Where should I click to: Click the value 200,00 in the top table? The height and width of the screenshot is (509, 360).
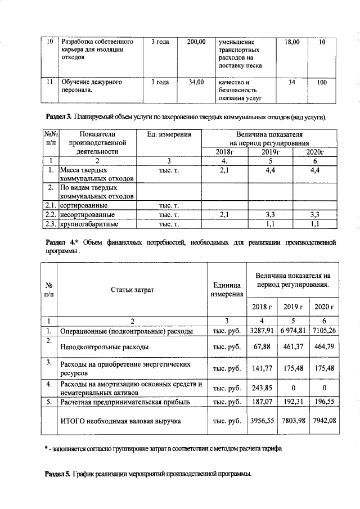pos(196,42)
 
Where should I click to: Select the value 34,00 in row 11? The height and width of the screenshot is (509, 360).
pos(196,82)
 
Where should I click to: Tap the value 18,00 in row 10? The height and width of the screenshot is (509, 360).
pos(292,42)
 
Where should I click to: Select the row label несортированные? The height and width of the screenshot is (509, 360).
pos(87,215)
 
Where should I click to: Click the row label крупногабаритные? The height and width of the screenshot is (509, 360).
pos(89,224)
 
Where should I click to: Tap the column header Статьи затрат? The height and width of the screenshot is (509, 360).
pos(132,289)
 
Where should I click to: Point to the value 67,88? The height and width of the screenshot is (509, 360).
pos(262,347)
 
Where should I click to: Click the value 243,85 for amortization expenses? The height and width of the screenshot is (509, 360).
pos(262,389)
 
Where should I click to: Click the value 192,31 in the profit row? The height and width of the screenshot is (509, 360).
pos(293,402)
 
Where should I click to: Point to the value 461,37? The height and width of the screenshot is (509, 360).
pos(293,347)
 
